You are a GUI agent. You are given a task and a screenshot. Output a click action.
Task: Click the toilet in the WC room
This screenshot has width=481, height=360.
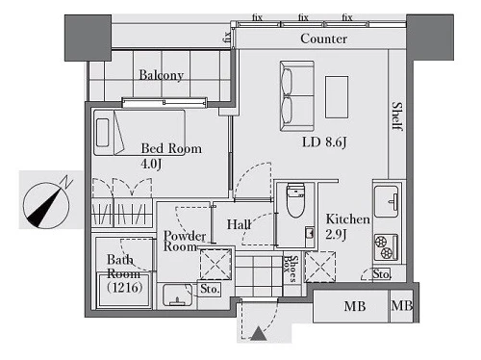coord(295,200)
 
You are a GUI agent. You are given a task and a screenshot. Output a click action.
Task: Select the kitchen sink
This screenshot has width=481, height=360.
coord(387,201)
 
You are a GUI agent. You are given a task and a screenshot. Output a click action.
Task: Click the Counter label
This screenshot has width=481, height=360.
coord(324,39)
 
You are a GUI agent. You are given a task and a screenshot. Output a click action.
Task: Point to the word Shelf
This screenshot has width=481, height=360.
coord(397,116)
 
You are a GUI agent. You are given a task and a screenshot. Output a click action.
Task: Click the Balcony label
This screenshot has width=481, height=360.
coord(162,75)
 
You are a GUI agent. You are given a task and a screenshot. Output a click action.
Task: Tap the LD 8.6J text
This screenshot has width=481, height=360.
coord(324,142)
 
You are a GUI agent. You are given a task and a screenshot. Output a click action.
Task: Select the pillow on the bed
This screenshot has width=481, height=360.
coord(102,133)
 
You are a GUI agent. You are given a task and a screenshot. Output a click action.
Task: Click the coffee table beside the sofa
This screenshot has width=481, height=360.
coord(337,97)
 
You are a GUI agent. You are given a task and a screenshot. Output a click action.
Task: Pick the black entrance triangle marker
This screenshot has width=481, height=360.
coord(259,334)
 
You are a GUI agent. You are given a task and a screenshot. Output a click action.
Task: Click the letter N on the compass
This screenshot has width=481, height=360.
coord(67,182)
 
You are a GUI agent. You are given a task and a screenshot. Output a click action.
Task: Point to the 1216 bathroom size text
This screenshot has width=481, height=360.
coord(125,287)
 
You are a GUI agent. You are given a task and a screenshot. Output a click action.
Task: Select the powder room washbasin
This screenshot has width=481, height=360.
coord(177,295)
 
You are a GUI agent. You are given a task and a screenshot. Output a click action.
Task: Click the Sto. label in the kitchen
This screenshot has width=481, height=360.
coord(382,274)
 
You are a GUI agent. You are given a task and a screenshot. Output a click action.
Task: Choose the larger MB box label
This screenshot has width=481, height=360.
coord(355,306)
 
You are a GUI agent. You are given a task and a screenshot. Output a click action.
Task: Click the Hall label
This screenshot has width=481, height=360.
coord(239,224)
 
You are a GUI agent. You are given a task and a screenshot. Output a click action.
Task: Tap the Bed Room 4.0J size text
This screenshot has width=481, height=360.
coord(151,164)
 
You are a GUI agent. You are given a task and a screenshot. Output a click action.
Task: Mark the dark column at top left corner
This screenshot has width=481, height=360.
coord(88,38)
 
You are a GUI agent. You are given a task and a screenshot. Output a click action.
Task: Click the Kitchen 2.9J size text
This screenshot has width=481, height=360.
coord(336,235)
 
